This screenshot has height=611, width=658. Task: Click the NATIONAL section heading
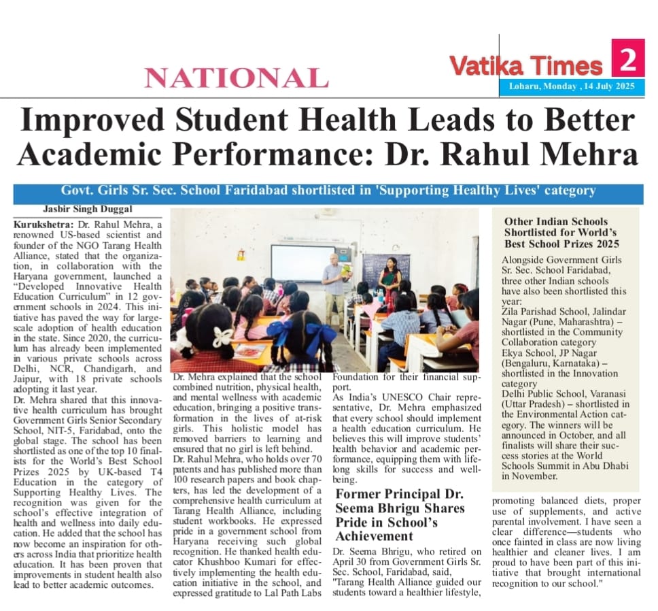tap(236, 78)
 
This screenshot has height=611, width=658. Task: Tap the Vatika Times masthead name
tap(526, 66)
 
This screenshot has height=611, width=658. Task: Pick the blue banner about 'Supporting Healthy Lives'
tap(328, 191)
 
